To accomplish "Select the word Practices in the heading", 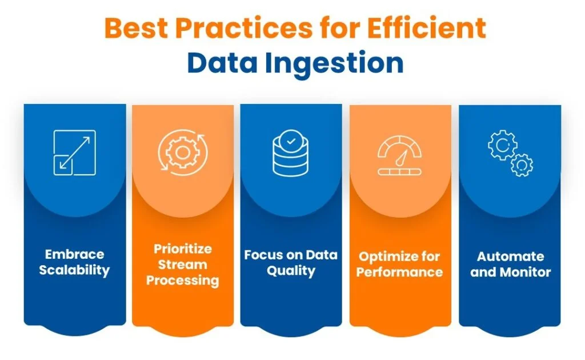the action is (x=244, y=29).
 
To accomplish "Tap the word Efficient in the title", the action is (x=427, y=29).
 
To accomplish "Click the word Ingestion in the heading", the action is (x=334, y=64).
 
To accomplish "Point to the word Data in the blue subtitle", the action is (x=222, y=63).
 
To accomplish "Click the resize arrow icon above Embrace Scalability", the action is (x=75, y=153).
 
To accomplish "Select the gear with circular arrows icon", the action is (x=182, y=152).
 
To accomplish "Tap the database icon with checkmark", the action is (x=291, y=153).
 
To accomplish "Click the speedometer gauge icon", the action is (x=399, y=155).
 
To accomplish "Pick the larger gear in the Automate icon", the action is (x=503, y=145).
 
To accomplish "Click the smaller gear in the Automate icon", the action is (x=522, y=165).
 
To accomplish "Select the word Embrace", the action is (x=75, y=254).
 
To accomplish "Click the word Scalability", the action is (x=75, y=270).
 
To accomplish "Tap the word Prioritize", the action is (x=183, y=249).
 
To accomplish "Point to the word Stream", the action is (x=182, y=265).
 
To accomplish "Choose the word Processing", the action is (x=182, y=281).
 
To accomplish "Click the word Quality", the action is (x=291, y=271).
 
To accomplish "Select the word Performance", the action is (x=399, y=272).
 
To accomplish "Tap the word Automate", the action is (x=510, y=257).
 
